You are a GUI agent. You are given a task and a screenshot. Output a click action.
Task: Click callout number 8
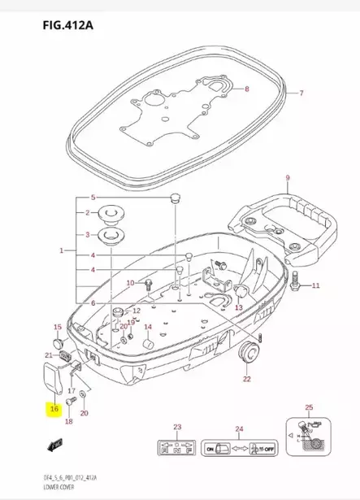(x=247, y=88)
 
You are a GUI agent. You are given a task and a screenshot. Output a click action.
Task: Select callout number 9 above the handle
(x=286, y=177)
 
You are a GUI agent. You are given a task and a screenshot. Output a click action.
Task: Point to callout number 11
(x=317, y=285)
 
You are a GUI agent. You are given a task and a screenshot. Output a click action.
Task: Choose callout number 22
(x=246, y=379)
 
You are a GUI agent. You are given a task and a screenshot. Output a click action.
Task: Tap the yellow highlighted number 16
(x=54, y=411)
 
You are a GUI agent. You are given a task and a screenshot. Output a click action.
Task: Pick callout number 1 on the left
(x=62, y=251)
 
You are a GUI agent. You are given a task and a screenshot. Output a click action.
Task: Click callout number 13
(x=238, y=308)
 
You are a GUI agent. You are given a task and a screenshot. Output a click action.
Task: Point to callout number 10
(x=130, y=282)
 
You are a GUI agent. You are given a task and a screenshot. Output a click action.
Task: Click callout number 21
(x=48, y=356)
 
